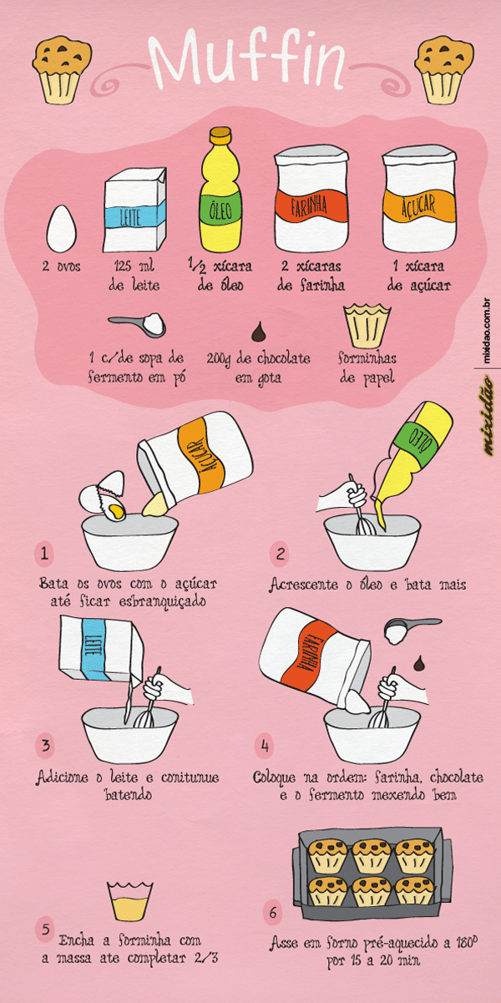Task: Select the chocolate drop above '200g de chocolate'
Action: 259,330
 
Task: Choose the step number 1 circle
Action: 44,554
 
